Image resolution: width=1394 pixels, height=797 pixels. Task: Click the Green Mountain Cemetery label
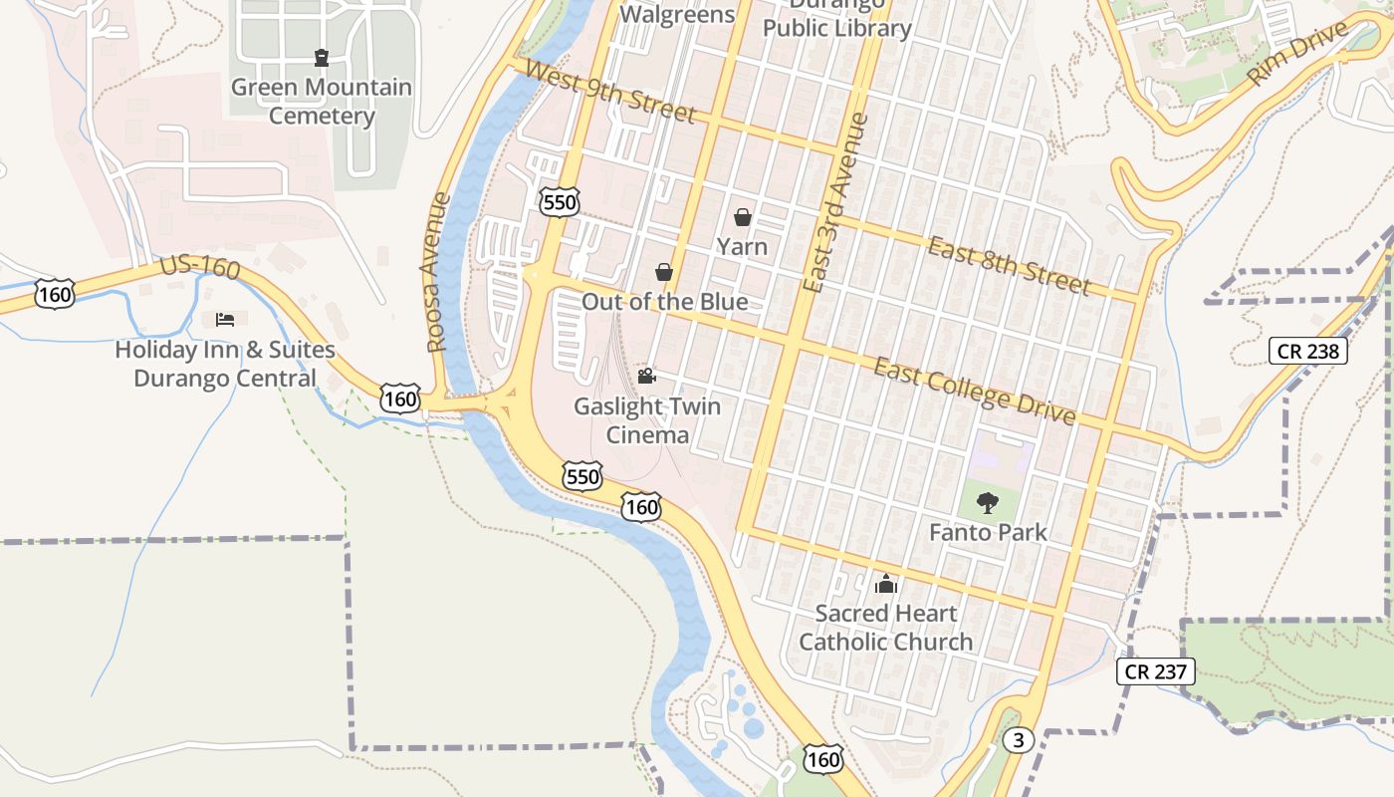click(x=321, y=102)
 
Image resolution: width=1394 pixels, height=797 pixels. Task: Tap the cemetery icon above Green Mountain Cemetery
click(x=321, y=58)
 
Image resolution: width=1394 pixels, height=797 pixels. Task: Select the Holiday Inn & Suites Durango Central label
click(x=225, y=365)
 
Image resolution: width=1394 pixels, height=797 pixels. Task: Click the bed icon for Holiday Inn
click(x=225, y=319)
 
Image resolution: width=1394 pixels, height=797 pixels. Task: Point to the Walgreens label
click(x=677, y=14)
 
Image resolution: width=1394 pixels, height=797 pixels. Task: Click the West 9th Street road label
click(x=608, y=92)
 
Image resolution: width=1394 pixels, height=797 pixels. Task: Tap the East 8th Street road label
click(x=1009, y=266)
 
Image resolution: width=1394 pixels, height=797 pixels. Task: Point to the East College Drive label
click(x=975, y=391)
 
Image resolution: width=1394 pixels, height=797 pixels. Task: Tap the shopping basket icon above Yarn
click(x=743, y=216)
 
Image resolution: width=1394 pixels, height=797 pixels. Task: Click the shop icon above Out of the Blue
click(x=664, y=272)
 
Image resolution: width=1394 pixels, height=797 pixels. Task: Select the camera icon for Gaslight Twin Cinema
click(x=646, y=376)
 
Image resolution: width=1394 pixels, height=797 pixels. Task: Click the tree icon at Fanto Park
click(x=987, y=503)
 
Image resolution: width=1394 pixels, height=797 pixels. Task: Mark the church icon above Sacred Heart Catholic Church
click(x=885, y=584)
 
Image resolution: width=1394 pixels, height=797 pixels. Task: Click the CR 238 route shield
click(x=1308, y=351)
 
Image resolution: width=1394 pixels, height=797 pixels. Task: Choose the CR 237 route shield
click(x=1155, y=671)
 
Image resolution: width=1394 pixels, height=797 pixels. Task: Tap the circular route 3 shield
click(x=1016, y=740)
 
